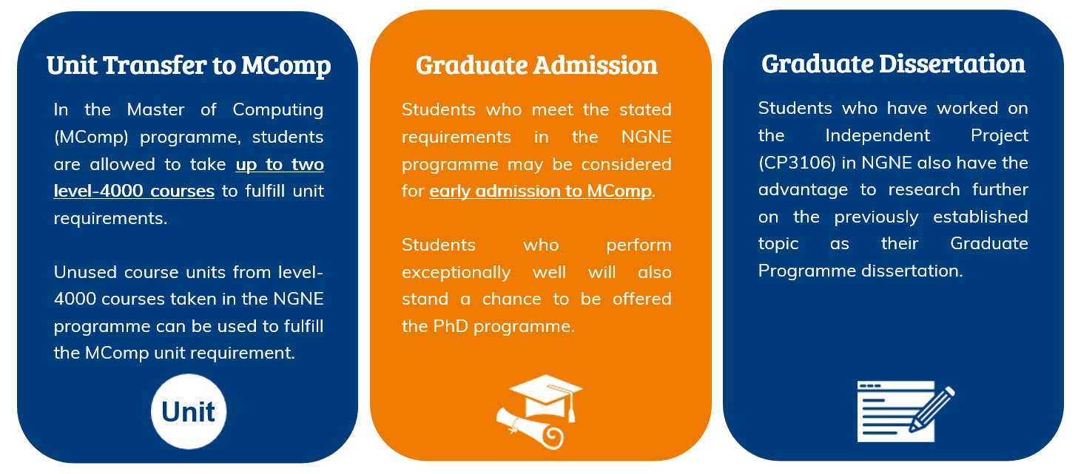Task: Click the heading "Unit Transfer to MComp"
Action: pyautogui.click(x=189, y=66)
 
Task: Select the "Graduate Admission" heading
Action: pyautogui.click(x=536, y=65)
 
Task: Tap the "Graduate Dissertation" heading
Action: pyautogui.click(x=893, y=64)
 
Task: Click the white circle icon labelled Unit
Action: pyautogui.click(x=189, y=411)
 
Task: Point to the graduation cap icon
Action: pyautogui.click(x=546, y=397)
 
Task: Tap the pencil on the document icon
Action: pyautogui.click(x=932, y=409)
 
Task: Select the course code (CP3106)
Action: pyautogui.click(x=797, y=163)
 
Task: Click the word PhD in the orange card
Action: pyautogui.click(x=450, y=326)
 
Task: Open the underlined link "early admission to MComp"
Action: pyautogui.click(x=540, y=192)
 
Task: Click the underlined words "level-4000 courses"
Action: pyautogui.click(x=134, y=192)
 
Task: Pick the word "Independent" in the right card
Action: pyautogui.click(x=877, y=136)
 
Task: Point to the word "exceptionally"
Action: pyautogui.click(x=456, y=273)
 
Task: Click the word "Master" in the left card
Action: pyautogui.click(x=155, y=109)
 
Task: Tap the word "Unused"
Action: pyautogui.click(x=85, y=272)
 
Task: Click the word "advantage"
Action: pyautogui.click(x=803, y=190)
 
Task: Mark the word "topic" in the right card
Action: pyautogui.click(x=778, y=244)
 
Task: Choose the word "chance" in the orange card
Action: pyautogui.click(x=511, y=299)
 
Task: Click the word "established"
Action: pyautogui.click(x=980, y=217)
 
